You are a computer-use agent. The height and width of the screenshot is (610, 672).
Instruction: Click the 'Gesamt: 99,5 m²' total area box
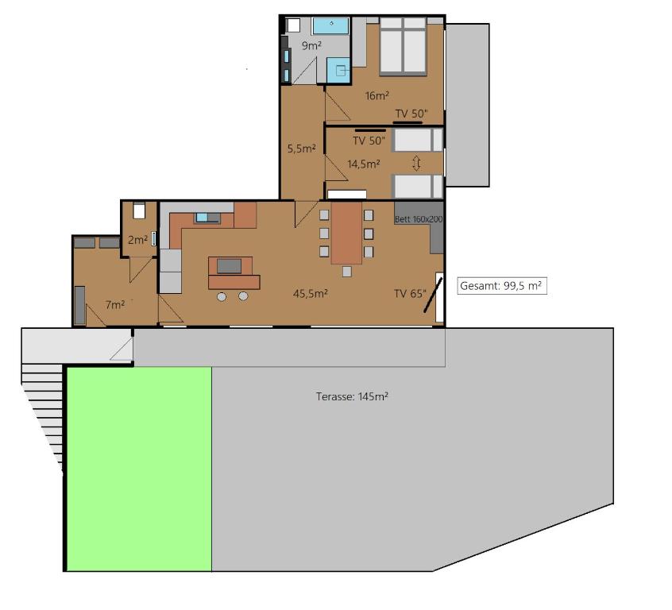point(502,286)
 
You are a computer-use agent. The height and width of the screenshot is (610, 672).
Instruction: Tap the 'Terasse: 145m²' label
point(352,396)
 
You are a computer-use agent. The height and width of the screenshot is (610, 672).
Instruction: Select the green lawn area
point(139,468)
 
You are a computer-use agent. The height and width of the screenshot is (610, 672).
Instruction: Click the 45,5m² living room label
point(311,293)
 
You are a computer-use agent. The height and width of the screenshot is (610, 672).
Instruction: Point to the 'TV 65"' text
point(410,293)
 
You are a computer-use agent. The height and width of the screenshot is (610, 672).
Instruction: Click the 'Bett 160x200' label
point(419,218)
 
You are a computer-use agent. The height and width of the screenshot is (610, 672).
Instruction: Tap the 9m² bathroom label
point(311,45)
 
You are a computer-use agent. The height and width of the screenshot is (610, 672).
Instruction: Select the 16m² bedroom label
point(377,96)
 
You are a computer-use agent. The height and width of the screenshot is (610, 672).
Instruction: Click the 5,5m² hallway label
point(302,148)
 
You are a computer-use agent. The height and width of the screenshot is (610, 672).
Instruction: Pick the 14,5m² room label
point(363,164)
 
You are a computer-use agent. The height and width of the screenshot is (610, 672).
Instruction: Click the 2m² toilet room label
point(137,240)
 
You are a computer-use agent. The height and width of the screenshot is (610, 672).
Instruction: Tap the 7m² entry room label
point(114,304)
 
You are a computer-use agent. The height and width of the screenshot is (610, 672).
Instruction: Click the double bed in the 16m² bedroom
point(403,46)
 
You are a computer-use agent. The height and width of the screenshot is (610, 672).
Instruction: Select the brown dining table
point(346,234)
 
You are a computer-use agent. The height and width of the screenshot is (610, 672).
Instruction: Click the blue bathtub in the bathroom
point(330,25)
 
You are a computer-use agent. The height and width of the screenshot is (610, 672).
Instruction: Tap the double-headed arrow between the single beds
point(416,163)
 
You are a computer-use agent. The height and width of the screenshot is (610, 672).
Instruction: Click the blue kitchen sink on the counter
point(207,217)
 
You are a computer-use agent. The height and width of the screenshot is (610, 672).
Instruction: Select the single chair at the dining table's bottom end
point(347,272)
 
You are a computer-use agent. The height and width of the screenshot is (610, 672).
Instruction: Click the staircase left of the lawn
point(43,413)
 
